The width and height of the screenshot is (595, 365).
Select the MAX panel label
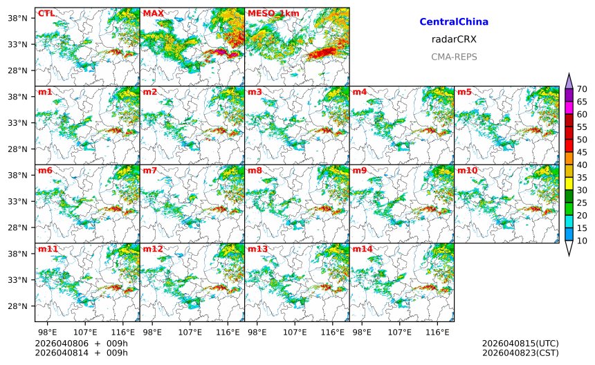153,13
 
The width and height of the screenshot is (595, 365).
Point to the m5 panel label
464,92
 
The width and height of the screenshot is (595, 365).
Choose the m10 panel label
466,170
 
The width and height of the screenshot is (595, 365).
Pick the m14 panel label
362,249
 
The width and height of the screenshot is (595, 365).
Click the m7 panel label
150,170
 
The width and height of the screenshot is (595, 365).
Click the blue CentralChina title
454,22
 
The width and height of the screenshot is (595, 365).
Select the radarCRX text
454,39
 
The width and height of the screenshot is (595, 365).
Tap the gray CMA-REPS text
454,57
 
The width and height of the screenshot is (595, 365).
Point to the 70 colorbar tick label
582,89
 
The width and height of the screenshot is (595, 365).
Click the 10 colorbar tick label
582,241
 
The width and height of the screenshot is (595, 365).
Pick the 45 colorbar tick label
582,152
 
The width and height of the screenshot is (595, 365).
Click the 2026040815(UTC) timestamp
520,344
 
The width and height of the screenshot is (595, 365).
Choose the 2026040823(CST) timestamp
520,353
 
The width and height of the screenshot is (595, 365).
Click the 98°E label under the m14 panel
362,333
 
